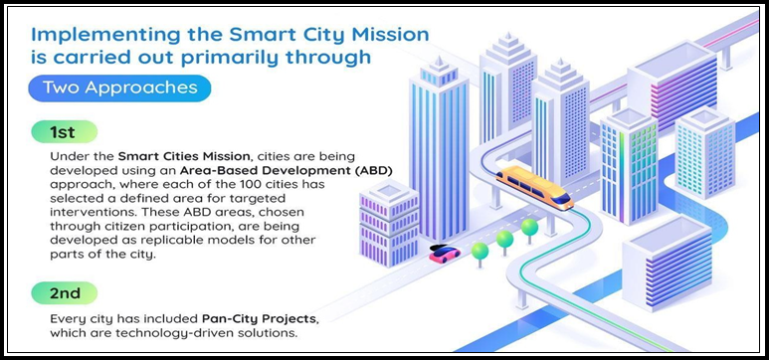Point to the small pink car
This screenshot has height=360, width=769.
444,254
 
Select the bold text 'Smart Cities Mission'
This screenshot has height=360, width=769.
178,156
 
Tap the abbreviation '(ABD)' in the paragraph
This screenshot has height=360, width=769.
371,170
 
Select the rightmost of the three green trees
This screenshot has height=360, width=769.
529,227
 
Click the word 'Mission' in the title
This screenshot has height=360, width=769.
385,34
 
